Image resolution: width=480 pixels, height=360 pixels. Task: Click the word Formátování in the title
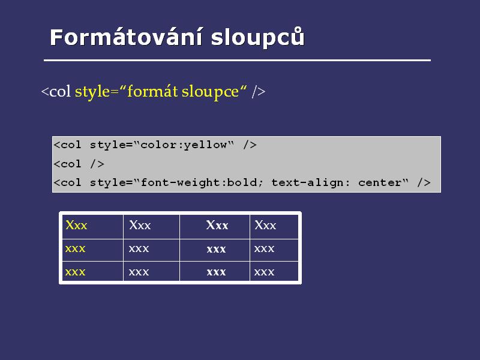pos(126,37)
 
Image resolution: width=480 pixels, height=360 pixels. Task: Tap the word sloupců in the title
pos(258,37)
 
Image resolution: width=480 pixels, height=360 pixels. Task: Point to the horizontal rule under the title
pos(237,61)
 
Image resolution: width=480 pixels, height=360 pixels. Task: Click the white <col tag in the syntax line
pos(56,91)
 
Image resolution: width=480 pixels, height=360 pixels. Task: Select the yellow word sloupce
pos(211,92)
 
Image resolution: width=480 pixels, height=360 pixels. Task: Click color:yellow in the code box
pos(184,145)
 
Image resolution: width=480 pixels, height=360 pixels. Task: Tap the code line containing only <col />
pos(79,164)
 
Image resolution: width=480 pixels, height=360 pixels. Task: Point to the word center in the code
pos(380,183)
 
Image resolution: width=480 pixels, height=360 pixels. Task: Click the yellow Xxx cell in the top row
pos(76,226)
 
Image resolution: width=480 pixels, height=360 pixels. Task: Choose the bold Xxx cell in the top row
pos(217,226)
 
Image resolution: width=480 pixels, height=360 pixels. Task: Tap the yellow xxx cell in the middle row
pos(75,248)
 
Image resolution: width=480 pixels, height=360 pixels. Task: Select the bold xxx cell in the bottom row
pos(216,272)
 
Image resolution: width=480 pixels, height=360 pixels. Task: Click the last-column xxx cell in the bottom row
pos(264,272)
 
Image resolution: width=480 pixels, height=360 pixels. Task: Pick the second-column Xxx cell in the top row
pos(140,226)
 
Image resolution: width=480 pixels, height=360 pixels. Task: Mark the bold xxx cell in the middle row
pos(216,248)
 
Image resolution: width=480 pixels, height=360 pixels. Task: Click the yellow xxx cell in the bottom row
pos(75,272)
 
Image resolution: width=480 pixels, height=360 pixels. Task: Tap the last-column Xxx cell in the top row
pos(265,226)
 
